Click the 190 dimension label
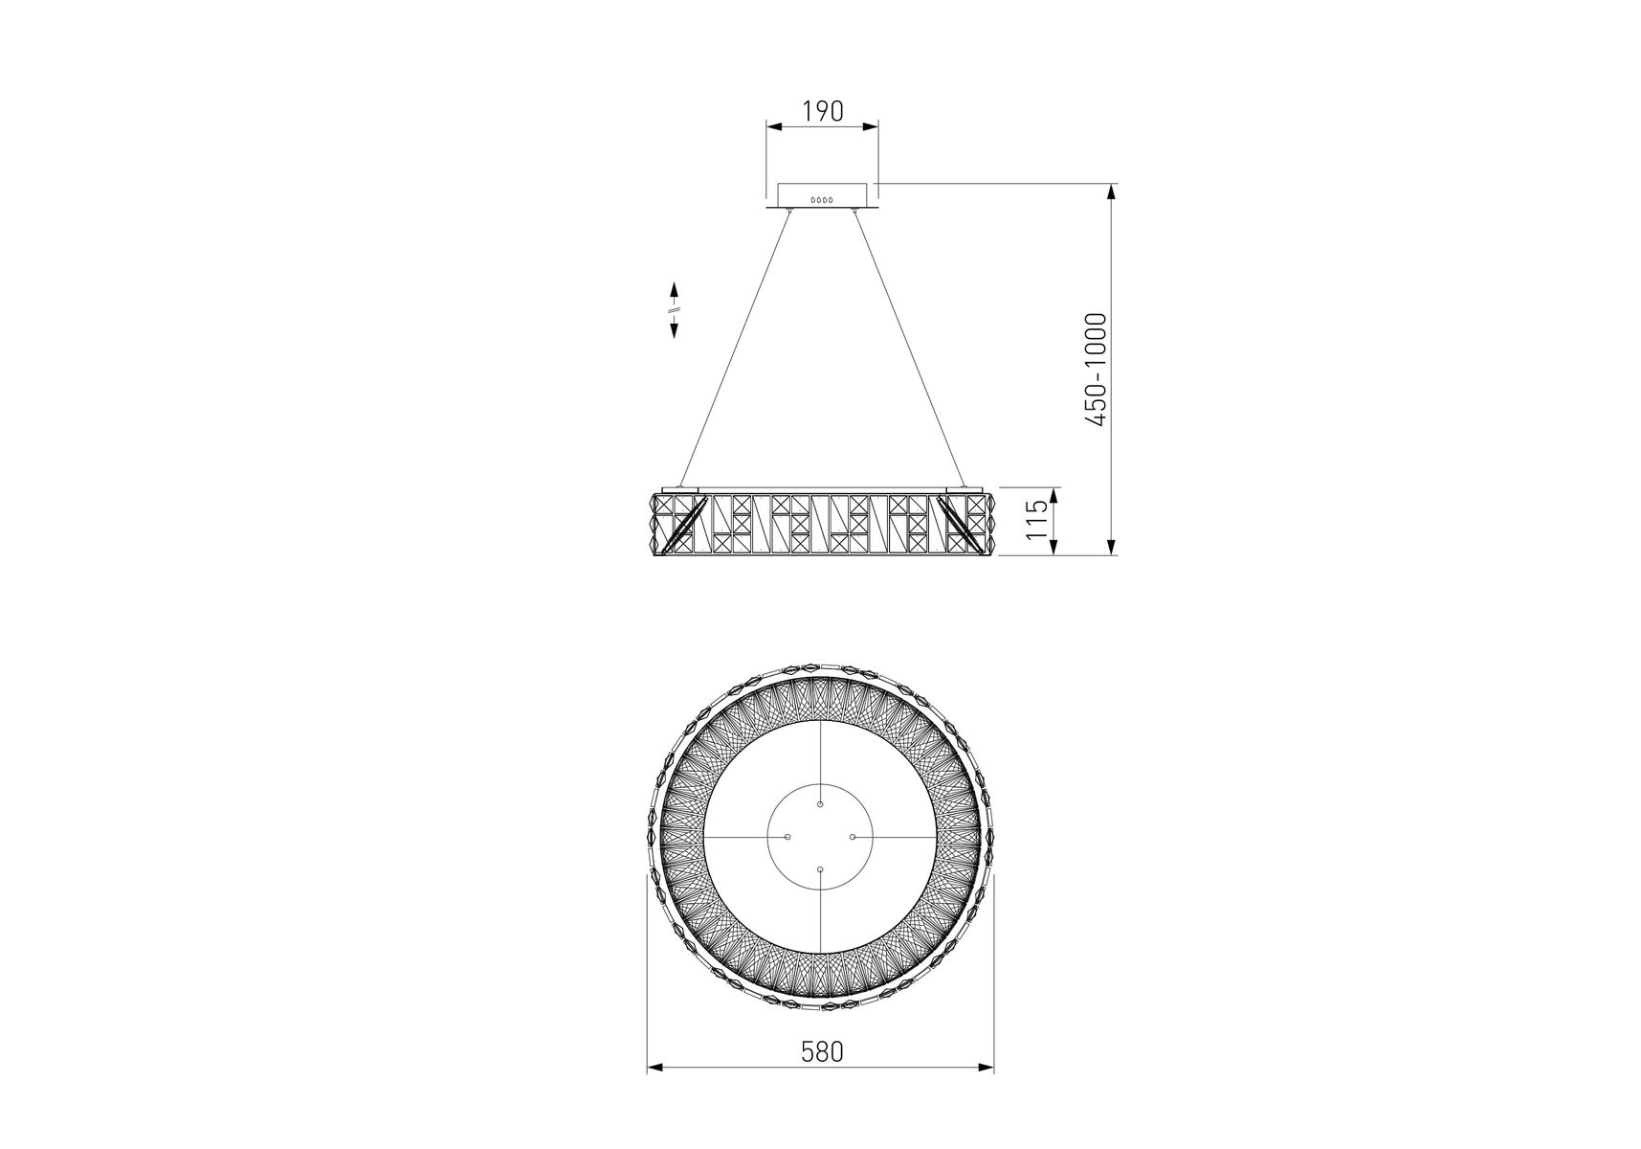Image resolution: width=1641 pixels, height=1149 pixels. pos(822,111)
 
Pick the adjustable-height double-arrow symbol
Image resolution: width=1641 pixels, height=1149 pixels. pos(675,309)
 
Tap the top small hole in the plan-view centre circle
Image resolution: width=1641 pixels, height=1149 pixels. pos(821,804)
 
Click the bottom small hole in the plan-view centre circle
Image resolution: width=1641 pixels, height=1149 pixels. pos(821,868)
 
